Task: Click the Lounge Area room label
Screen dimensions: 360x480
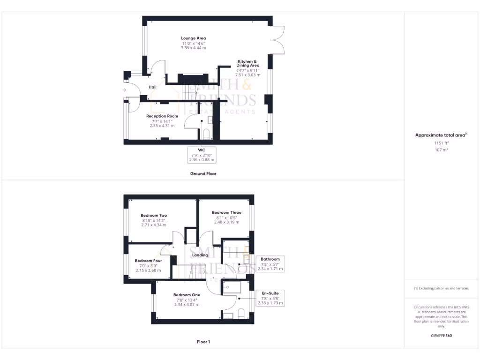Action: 194,38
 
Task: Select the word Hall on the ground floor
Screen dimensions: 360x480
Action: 152,87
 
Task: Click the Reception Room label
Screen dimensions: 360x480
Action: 162,116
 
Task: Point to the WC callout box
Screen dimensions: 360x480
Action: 202,154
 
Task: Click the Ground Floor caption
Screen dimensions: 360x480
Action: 203,173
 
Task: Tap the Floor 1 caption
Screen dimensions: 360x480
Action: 203,342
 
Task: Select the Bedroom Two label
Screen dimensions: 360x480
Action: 154,216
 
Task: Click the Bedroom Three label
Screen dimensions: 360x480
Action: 226,212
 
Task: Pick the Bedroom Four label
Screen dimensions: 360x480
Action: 148,261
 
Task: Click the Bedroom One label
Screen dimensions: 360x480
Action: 187,295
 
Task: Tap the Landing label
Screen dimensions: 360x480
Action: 200,255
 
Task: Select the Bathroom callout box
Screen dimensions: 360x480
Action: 270,264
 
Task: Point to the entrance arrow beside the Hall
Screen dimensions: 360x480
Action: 125,90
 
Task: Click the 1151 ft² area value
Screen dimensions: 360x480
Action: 441,142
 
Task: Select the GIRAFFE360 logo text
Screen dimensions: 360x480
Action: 441,336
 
